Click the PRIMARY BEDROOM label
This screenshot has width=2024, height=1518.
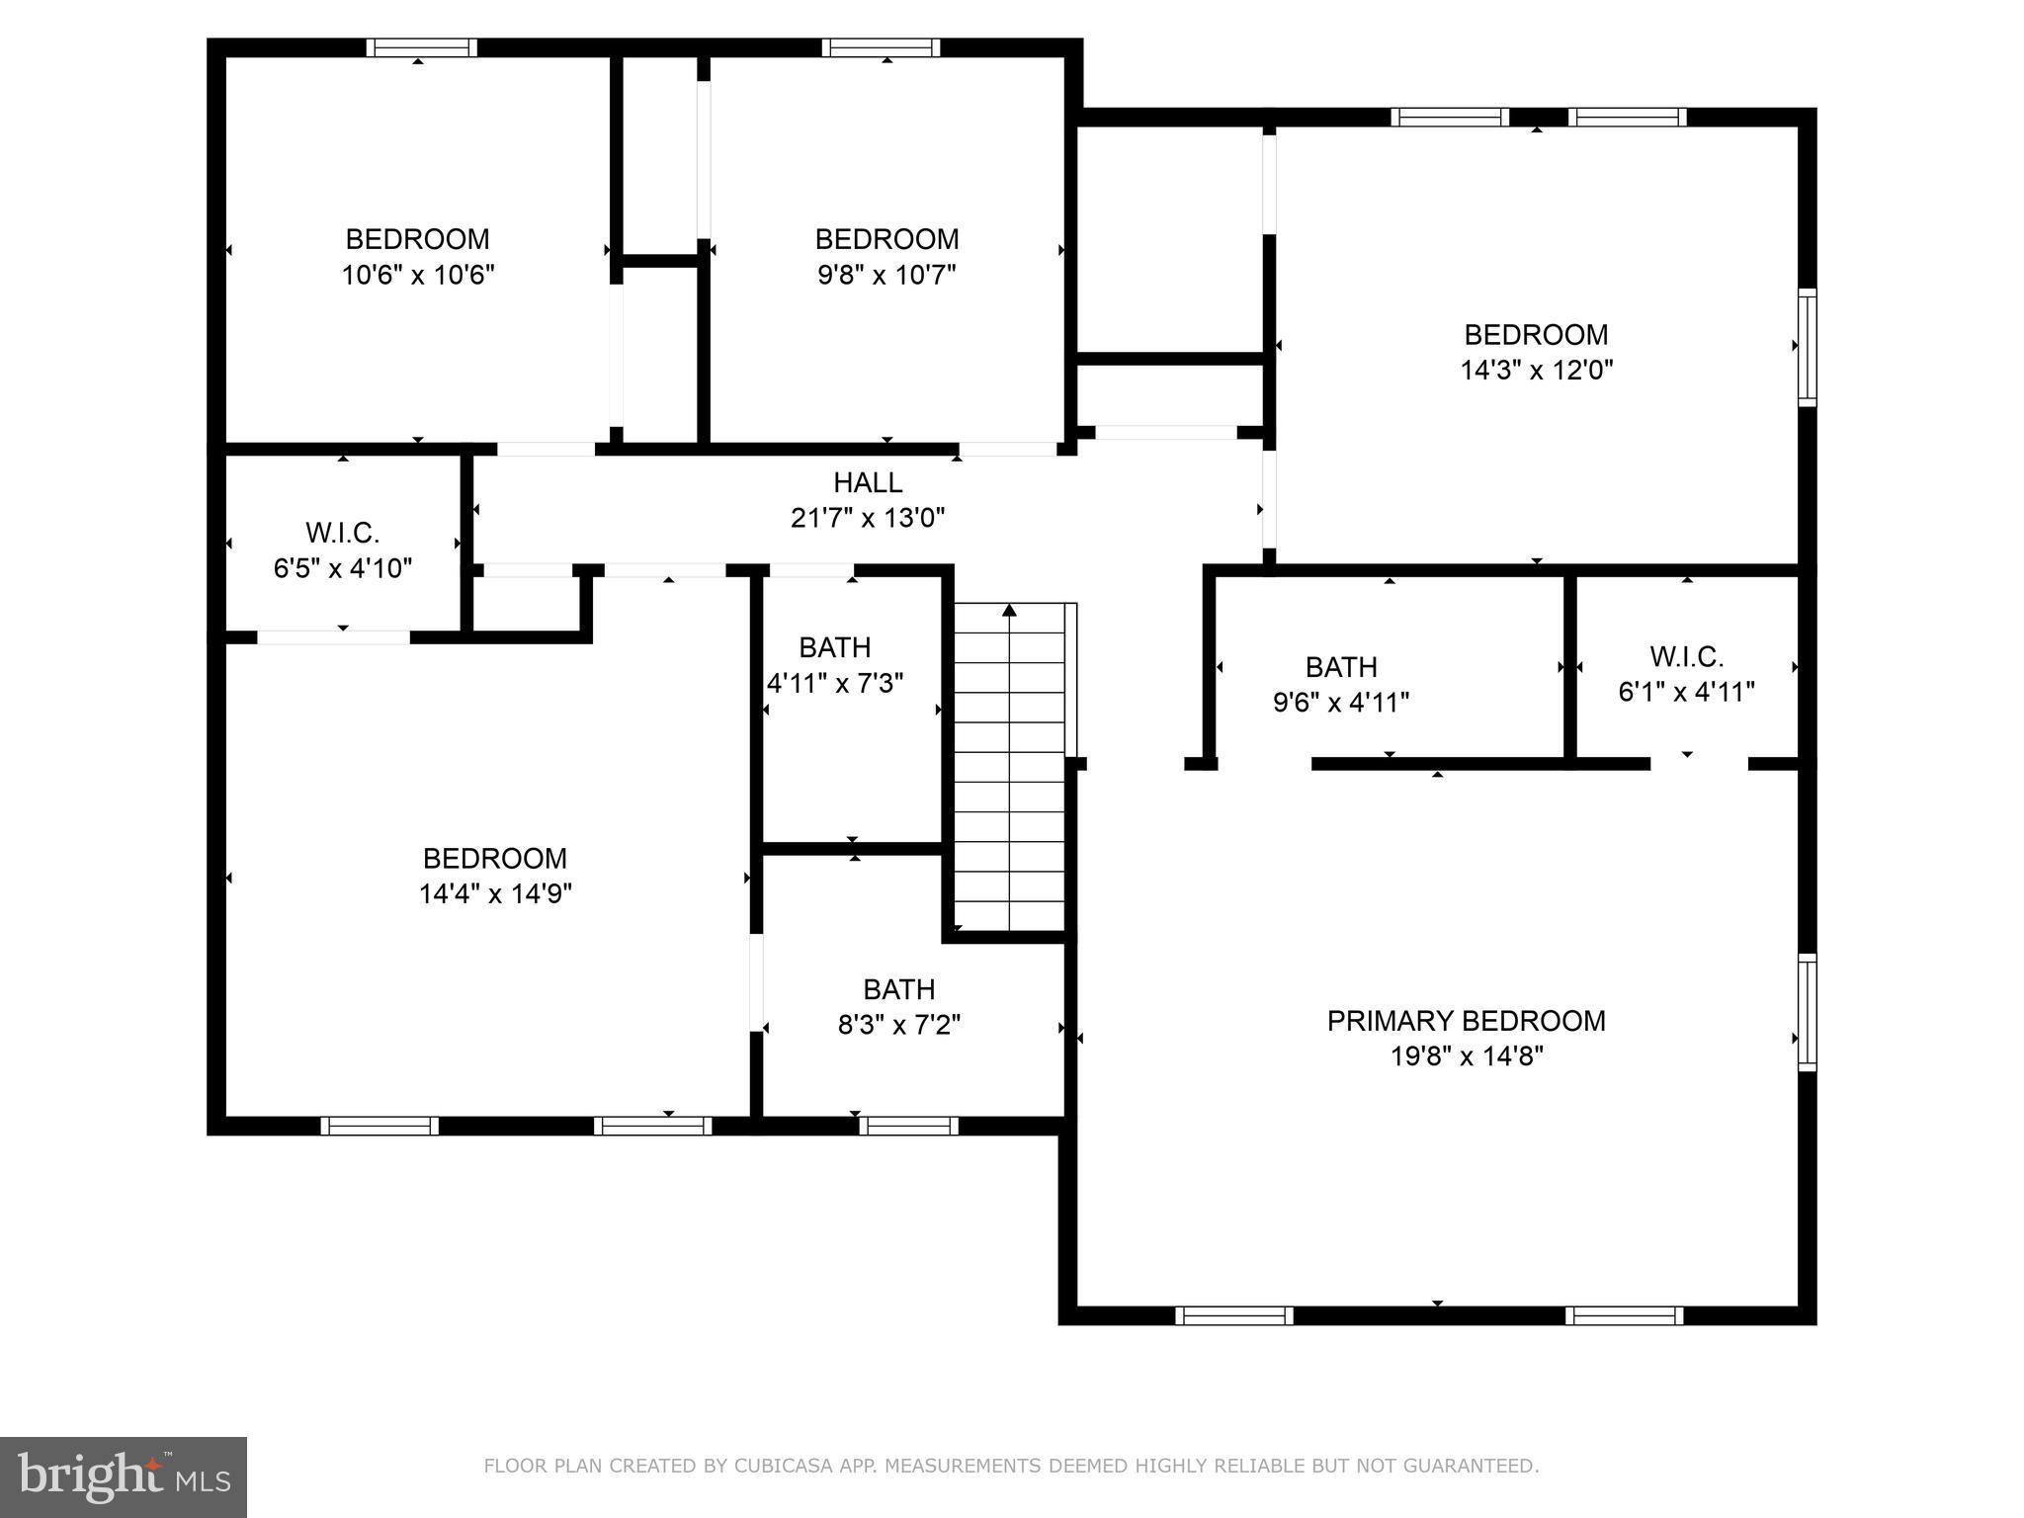coord(1466,1021)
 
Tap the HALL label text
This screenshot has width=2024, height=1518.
coord(868,482)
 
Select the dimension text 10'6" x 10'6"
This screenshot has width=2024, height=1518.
coord(417,275)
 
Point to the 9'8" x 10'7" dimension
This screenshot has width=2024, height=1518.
coord(886,275)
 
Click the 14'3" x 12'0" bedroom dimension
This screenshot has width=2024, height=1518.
coord(1536,371)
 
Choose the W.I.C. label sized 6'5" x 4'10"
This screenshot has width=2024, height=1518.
coord(342,534)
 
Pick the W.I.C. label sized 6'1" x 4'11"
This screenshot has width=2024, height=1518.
coord(1686,656)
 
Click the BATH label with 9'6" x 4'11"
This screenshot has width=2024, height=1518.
coord(1341,667)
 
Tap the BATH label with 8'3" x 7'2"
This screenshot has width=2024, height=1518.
coord(898,989)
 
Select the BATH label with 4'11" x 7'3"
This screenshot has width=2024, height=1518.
coord(834,647)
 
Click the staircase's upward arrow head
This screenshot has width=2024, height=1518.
coord(1009,610)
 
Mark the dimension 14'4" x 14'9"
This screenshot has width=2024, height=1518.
coord(495,893)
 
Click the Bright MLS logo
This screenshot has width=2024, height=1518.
coord(123,1476)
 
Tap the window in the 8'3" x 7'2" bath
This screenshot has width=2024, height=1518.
coord(908,1125)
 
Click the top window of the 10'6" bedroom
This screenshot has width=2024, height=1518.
coord(422,47)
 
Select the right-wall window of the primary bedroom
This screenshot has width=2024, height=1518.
coord(1806,1012)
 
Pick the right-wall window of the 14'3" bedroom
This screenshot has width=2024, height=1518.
coord(1806,347)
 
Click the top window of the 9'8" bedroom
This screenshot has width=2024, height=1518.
coord(881,47)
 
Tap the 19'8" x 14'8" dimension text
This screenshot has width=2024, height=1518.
coord(1466,1056)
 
